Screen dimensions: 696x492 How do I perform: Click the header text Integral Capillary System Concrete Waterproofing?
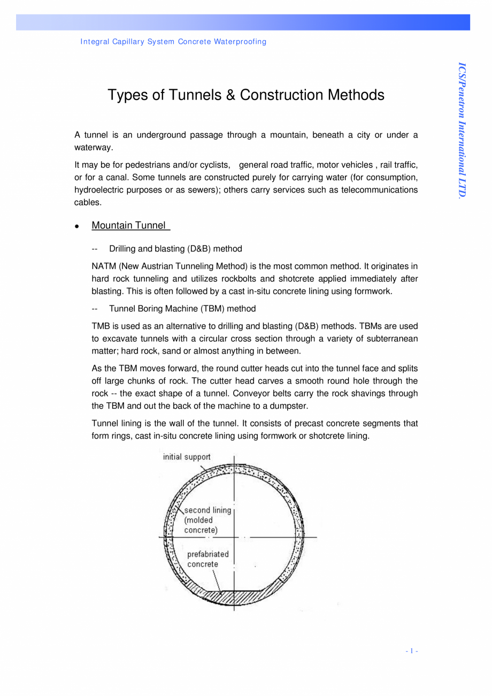pos(173,42)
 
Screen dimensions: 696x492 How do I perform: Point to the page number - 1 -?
pos(411,651)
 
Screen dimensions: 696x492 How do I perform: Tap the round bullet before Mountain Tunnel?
pos(78,226)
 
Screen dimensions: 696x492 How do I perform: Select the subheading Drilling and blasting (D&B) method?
pos(175,249)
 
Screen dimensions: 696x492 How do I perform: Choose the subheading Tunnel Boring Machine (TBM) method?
pos(182,309)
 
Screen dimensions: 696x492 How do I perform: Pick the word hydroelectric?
pos(96,190)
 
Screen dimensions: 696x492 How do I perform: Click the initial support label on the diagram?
pos(187,457)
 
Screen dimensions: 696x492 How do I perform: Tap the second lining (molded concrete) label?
pos(207,519)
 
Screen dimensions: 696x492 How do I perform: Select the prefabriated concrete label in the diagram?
pos(207,559)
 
